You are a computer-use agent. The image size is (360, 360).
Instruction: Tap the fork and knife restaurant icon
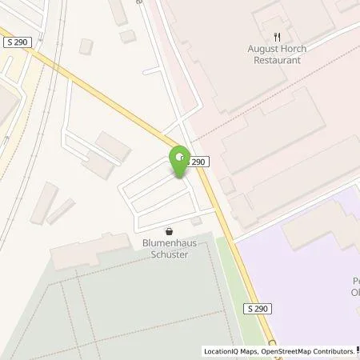(277, 36)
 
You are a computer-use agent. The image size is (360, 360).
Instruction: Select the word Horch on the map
(293, 49)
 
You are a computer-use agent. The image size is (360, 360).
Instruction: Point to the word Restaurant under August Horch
(277, 59)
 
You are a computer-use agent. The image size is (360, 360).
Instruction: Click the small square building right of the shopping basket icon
(196, 221)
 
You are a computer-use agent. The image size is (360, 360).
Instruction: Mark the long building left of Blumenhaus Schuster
(84, 255)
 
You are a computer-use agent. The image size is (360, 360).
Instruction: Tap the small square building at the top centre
(128, 36)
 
